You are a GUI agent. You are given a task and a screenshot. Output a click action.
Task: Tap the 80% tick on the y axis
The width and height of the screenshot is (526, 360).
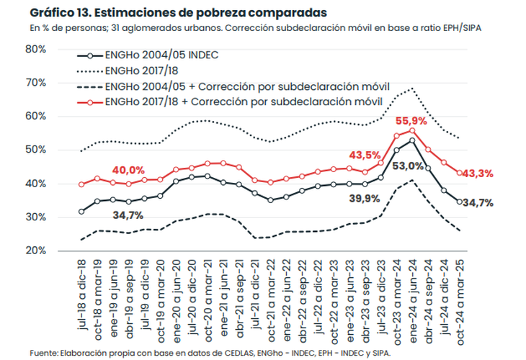tap(35, 49)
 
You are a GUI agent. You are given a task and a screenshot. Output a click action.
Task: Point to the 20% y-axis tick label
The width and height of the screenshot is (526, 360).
tap(35, 251)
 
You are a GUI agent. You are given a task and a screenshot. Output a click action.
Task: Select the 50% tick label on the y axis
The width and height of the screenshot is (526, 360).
tap(35, 150)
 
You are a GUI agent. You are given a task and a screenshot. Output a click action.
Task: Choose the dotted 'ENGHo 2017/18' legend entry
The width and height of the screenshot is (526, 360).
tap(141, 71)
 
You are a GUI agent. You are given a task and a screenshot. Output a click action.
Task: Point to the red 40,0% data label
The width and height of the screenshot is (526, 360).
tap(128, 171)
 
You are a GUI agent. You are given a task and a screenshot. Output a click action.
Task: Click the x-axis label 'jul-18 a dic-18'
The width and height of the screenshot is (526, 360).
tap(81, 292)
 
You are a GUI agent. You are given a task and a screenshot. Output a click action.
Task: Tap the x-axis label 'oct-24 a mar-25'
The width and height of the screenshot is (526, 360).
tap(458, 292)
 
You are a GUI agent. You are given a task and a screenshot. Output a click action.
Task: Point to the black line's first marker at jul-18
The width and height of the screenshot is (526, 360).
tap(81, 212)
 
